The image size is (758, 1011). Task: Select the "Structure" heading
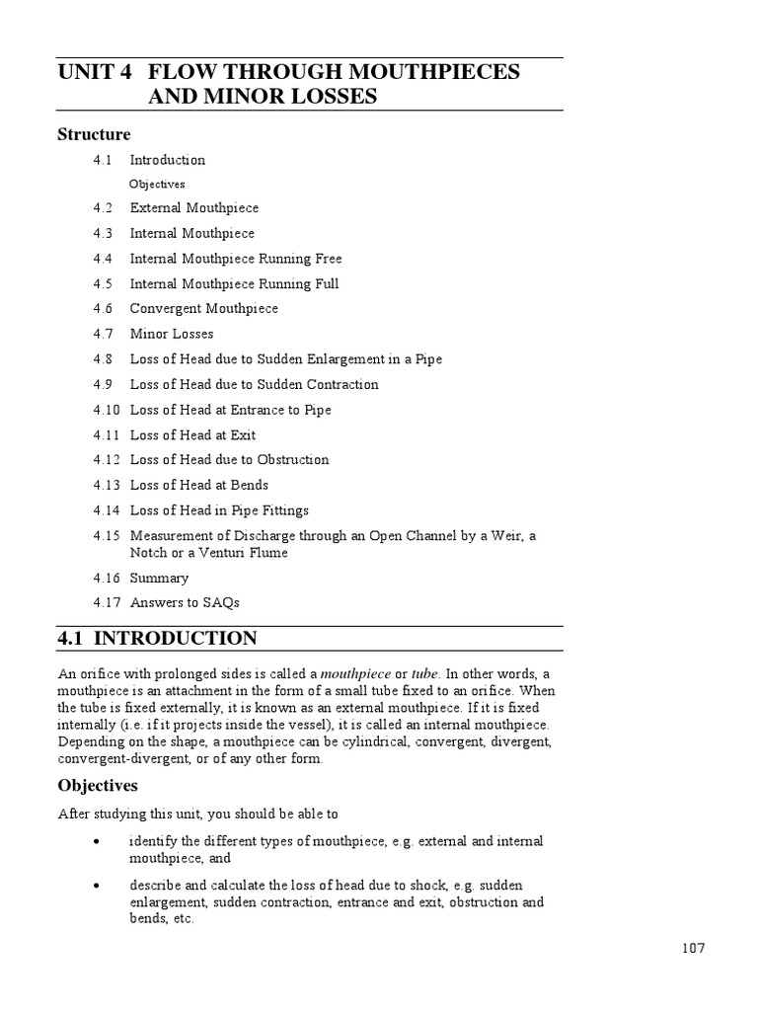click(x=94, y=133)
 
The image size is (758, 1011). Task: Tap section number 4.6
click(x=104, y=309)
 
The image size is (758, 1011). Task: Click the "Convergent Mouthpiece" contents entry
click(x=203, y=309)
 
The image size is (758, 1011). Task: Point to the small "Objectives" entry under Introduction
click(x=157, y=184)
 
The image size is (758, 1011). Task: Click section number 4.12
click(x=107, y=460)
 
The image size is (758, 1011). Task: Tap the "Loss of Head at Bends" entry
click(x=198, y=485)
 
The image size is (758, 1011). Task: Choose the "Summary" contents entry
click(x=159, y=579)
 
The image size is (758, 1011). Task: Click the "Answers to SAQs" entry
click(x=185, y=602)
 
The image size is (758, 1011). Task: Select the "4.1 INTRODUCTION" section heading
click(x=157, y=639)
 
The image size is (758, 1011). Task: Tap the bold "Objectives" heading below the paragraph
click(x=97, y=786)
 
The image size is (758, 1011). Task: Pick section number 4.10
click(x=107, y=410)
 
